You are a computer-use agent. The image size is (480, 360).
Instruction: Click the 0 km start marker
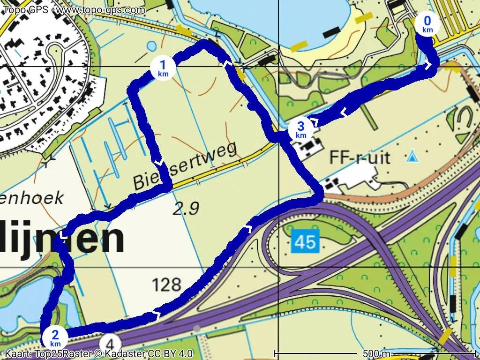tap(427, 24)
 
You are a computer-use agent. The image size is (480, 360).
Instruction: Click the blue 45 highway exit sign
tap(305, 242)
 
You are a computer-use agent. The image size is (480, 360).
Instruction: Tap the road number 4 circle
tap(111, 341)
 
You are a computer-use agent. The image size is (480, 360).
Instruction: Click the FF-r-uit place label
tap(360, 157)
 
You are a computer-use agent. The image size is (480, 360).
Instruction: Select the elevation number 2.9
tap(186, 210)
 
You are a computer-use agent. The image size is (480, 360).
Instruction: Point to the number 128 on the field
tap(166, 284)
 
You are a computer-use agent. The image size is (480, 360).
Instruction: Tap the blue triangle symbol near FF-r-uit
tap(412, 155)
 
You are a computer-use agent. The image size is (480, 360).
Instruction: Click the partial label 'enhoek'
tap(31, 198)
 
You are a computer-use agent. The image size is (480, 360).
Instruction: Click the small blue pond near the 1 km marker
tap(151, 46)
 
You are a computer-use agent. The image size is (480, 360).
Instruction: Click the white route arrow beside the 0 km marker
tap(428, 66)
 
